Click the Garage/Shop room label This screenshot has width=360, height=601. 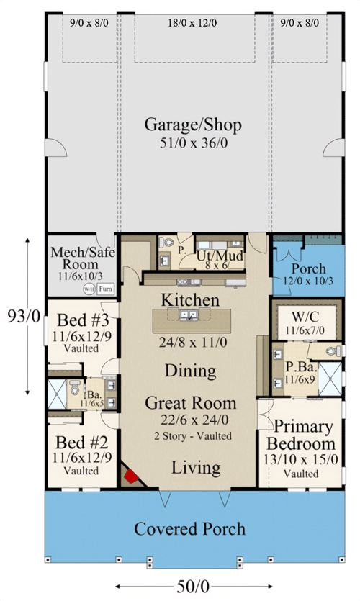click(x=192, y=125)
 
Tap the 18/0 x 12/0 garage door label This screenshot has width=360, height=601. click(x=195, y=23)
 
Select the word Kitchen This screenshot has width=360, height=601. click(x=189, y=299)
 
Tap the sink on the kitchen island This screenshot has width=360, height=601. click(x=189, y=315)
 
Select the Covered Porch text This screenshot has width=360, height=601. click(x=189, y=529)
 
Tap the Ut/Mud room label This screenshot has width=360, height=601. click(x=220, y=256)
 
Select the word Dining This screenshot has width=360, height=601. click(x=190, y=371)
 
